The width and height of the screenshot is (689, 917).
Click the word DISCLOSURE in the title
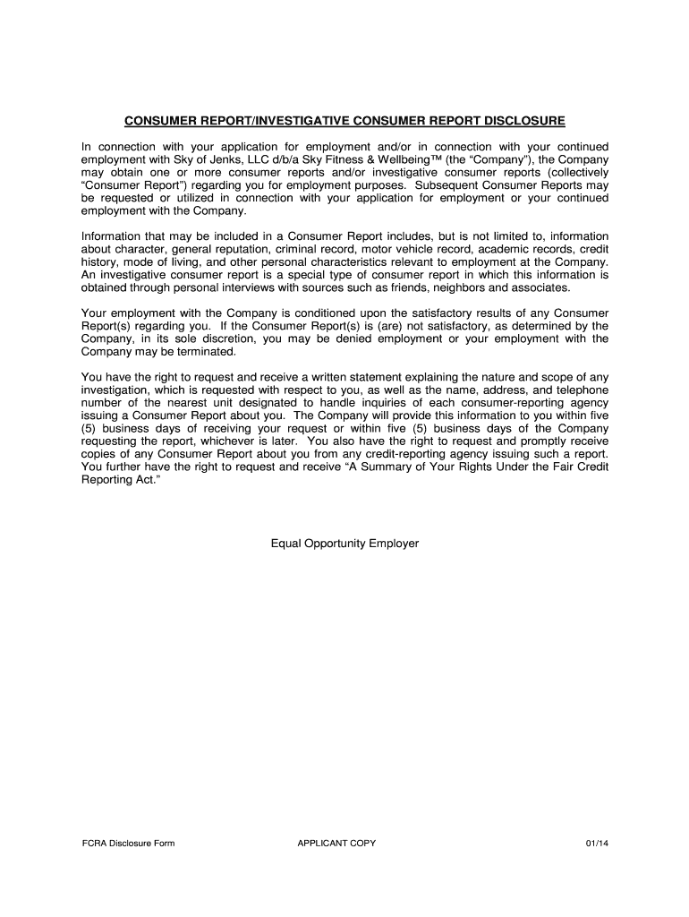(521, 120)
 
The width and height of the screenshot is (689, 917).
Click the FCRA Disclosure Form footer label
(123, 843)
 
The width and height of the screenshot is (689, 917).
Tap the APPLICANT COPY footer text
(336, 843)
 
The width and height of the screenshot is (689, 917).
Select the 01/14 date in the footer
(594, 843)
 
